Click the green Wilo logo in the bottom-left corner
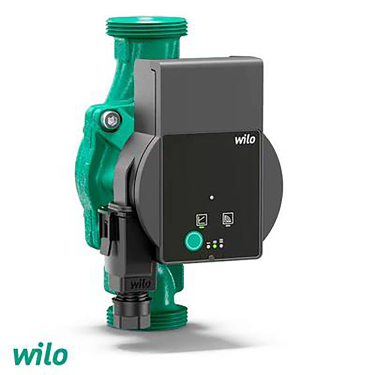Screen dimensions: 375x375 (x=40, y=357)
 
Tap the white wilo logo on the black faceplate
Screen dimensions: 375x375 (x=245, y=139)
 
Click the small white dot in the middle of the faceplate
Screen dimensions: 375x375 (x=211, y=198)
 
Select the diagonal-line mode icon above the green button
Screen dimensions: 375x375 (x=201, y=219)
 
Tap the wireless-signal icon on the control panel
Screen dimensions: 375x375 (x=228, y=218)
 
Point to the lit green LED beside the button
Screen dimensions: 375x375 (x=215, y=246)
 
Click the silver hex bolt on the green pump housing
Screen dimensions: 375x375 (x=111, y=120)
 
